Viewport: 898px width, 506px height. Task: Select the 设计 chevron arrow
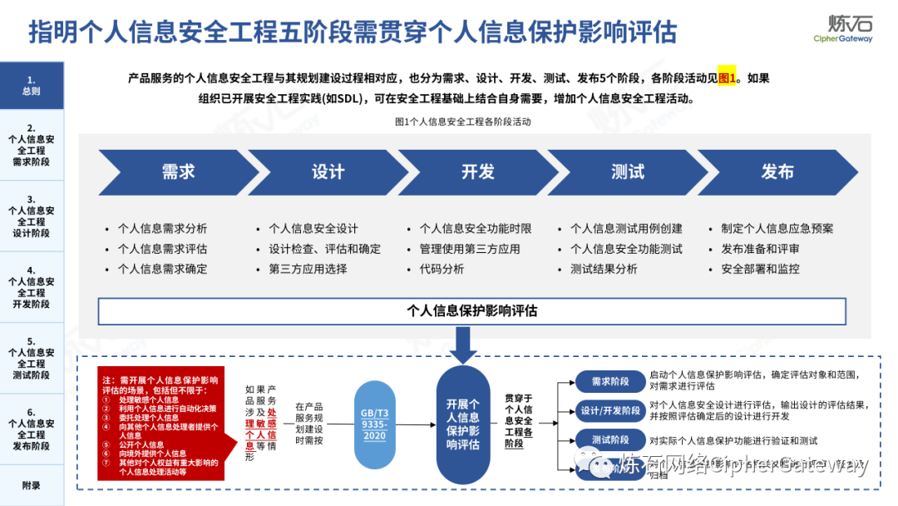[x=328, y=172]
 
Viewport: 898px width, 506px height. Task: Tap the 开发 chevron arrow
[x=477, y=172]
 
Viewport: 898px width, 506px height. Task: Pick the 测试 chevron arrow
[x=627, y=172]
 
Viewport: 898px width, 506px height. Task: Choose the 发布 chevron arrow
[x=777, y=172]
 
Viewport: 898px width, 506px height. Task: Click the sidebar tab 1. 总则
[x=32, y=86]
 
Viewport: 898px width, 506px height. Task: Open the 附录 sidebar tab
[x=32, y=485]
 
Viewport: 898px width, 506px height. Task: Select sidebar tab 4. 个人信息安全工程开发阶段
[x=32, y=287]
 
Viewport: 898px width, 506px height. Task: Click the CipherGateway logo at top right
[x=842, y=28]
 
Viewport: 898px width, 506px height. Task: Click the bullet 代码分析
[x=442, y=269]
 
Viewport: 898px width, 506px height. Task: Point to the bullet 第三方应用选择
[x=308, y=269]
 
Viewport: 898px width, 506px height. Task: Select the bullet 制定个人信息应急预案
[x=777, y=228]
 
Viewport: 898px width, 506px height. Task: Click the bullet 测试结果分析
[x=604, y=269]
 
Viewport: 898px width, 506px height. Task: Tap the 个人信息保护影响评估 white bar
[x=471, y=311]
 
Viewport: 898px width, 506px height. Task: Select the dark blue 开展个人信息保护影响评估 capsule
[x=463, y=424]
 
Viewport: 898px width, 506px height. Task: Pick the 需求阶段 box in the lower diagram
[x=610, y=382]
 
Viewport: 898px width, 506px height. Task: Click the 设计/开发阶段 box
[x=610, y=410]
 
